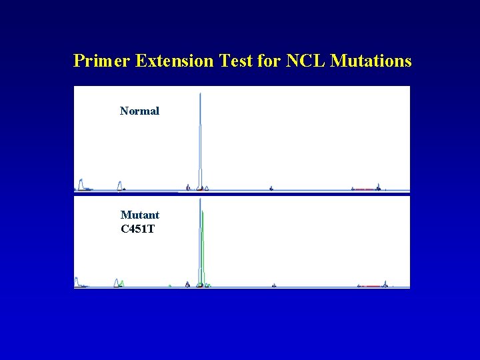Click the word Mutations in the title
[371, 61]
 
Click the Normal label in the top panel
[139, 111]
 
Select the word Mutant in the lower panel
[139, 215]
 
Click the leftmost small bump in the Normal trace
[81, 183]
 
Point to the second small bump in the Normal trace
[120, 185]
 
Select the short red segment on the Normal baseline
[364, 189]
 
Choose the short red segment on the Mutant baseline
[371, 286]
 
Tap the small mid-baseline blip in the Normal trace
[271, 189]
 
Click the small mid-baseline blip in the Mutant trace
[273, 285]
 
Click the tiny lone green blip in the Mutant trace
[170, 285]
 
